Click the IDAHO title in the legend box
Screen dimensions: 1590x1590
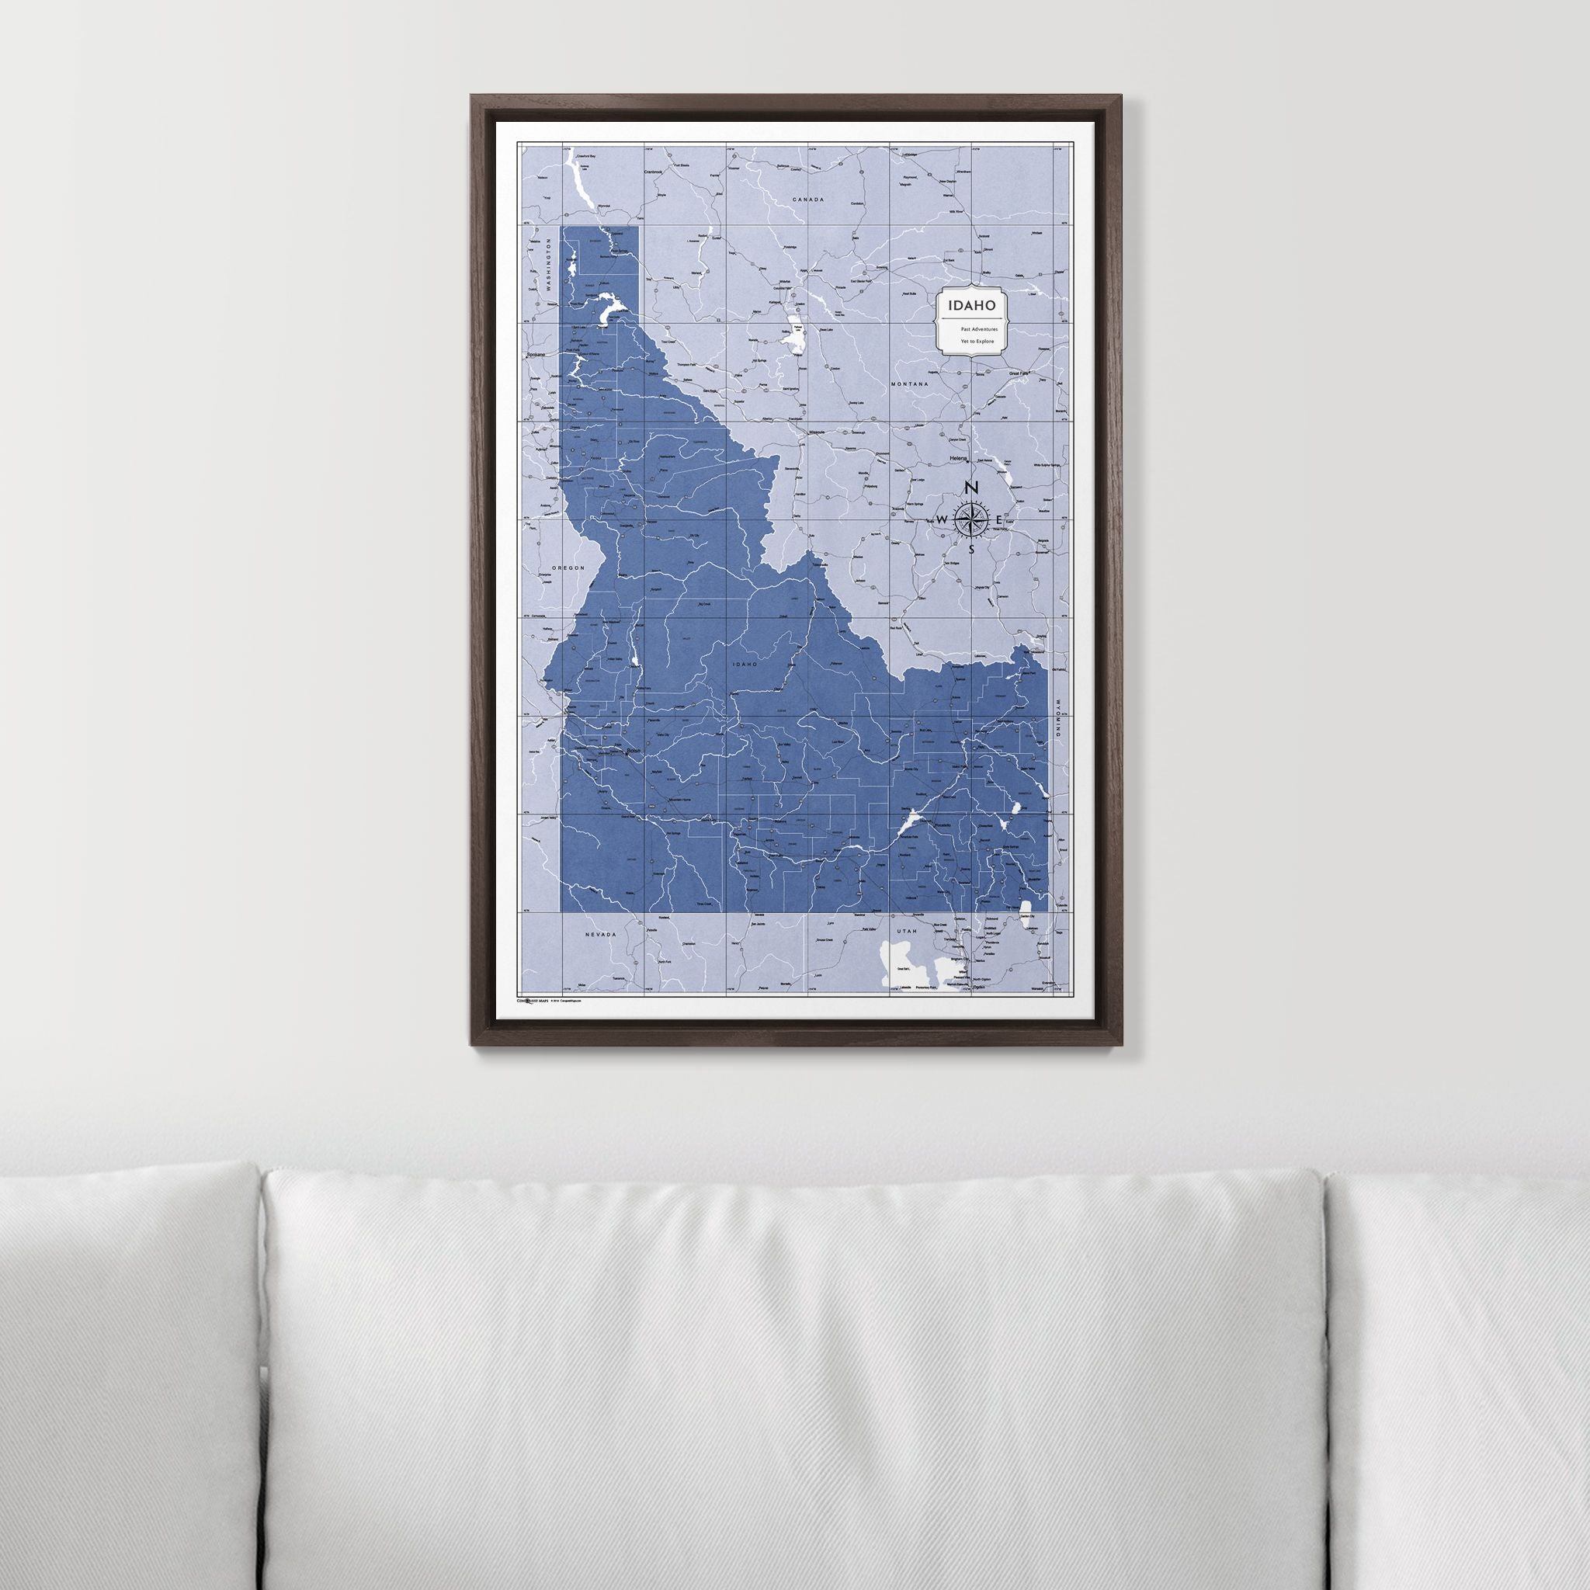pos(972,305)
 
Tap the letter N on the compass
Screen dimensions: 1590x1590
pos(971,488)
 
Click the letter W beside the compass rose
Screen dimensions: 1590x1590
pos(943,519)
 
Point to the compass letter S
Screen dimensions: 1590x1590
pos(971,549)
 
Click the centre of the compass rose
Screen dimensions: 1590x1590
pos(971,519)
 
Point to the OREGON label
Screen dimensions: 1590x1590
pos(568,568)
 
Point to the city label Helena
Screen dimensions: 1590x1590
pos(958,457)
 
